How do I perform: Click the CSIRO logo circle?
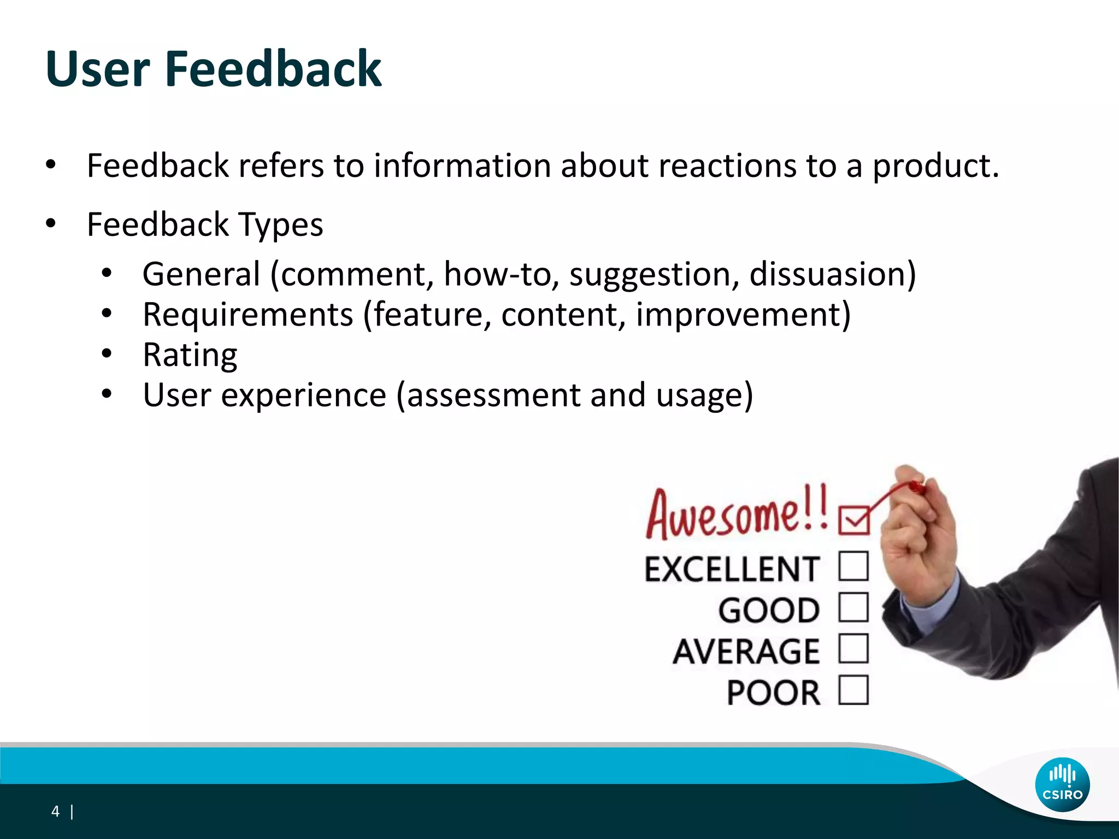pyautogui.click(x=1062, y=784)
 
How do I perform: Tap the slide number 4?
pyautogui.click(x=55, y=811)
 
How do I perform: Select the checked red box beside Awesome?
pyautogui.click(x=853, y=519)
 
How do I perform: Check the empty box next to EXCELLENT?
pyautogui.click(x=853, y=566)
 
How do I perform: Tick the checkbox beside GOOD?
pyautogui.click(x=853, y=607)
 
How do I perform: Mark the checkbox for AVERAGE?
pyautogui.click(x=853, y=648)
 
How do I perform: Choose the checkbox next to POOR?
pyautogui.click(x=853, y=690)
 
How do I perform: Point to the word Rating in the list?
pyautogui.click(x=190, y=355)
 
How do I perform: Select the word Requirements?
pyautogui.click(x=248, y=315)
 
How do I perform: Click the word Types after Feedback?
pyautogui.click(x=281, y=225)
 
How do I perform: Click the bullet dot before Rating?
pyautogui.click(x=107, y=353)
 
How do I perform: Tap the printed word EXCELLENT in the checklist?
pyautogui.click(x=732, y=569)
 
